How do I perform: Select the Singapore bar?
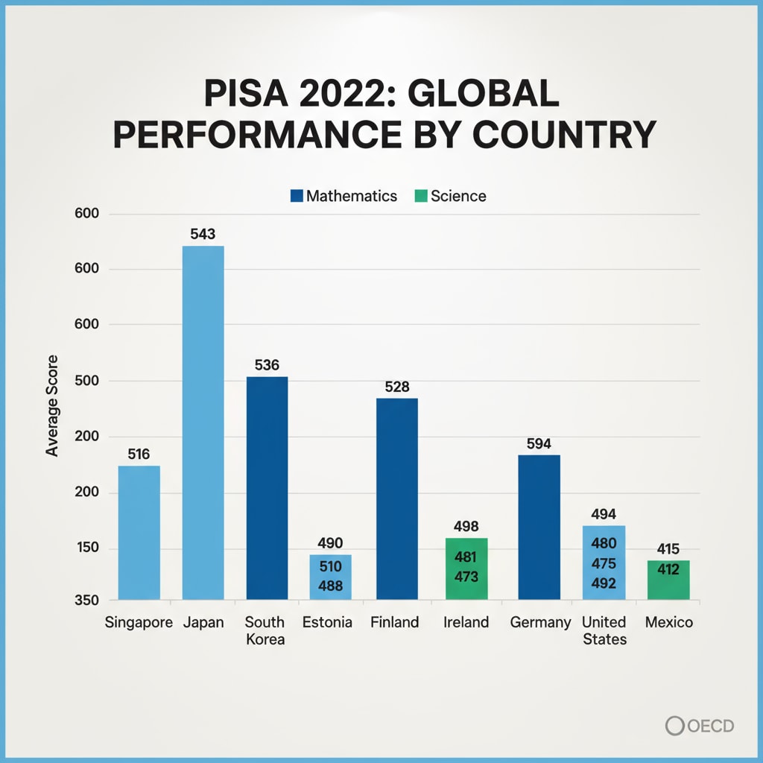point(139,532)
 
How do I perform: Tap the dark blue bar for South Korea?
point(267,488)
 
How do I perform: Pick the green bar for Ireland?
point(466,569)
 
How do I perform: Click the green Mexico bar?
point(668,580)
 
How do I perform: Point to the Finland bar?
point(396,498)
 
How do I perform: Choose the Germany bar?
point(539,527)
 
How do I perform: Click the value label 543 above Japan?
point(203,234)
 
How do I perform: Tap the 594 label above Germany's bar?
point(539,444)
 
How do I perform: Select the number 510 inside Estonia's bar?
point(330,566)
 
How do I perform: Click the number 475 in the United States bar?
point(604,563)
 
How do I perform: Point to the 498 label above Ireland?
point(466,527)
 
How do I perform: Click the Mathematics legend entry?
point(343,196)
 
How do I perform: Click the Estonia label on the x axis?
point(327,622)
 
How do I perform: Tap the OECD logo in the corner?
point(700,725)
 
